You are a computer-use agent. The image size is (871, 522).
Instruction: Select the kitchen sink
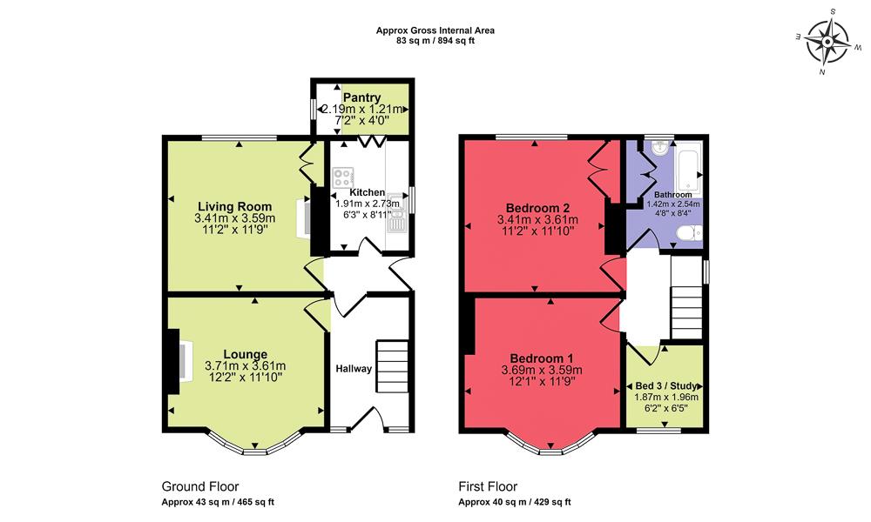[x=397, y=224]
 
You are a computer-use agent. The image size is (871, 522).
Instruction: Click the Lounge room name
[x=245, y=354]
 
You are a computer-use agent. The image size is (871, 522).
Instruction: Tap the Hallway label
[x=354, y=369]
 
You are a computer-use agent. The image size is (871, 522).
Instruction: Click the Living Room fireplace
[x=306, y=217]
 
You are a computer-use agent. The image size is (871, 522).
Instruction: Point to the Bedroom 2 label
[x=538, y=208]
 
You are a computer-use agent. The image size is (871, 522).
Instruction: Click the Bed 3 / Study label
[x=665, y=385]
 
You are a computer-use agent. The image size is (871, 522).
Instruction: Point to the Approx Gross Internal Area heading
[x=435, y=30]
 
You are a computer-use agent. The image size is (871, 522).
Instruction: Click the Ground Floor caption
[x=200, y=486]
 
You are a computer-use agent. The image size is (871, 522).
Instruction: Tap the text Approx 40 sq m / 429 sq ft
[x=515, y=503]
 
